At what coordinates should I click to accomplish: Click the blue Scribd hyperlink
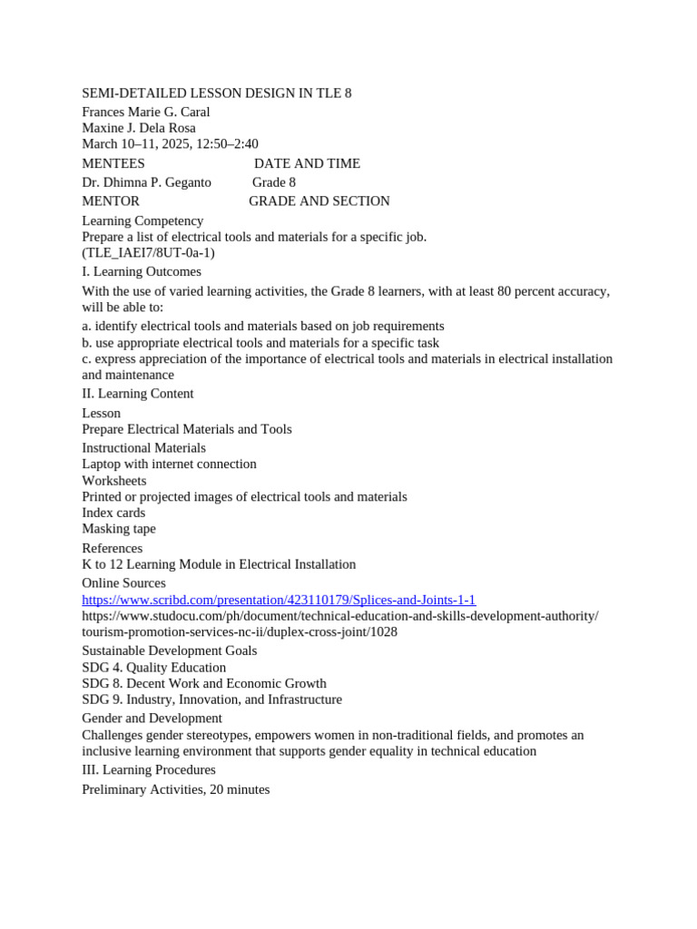(279, 600)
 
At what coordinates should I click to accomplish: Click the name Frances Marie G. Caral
(146, 112)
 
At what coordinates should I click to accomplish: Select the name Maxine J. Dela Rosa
(139, 128)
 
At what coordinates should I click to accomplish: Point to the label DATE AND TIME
(307, 163)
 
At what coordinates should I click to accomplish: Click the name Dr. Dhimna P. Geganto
(146, 182)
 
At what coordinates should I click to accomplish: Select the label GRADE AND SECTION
(319, 201)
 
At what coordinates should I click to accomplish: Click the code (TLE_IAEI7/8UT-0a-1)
(148, 253)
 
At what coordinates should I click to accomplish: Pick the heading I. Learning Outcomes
(142, 271)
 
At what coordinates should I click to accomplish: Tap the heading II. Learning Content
(138, 394)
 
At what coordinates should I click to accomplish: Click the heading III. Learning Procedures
(149, 770)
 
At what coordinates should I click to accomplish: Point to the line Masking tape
(119, 529)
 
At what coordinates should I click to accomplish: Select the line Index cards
(113, 513)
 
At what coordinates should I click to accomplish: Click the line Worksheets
(114, 481)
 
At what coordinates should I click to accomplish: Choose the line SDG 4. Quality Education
(154, 668)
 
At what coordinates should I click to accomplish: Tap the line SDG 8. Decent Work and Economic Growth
(204, 683)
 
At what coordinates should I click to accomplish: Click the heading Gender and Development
(152, 719)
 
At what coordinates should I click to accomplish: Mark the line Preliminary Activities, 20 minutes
(176, 790)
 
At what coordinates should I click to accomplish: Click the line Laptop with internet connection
(169, 464)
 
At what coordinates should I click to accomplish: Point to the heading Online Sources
(123, 583)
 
